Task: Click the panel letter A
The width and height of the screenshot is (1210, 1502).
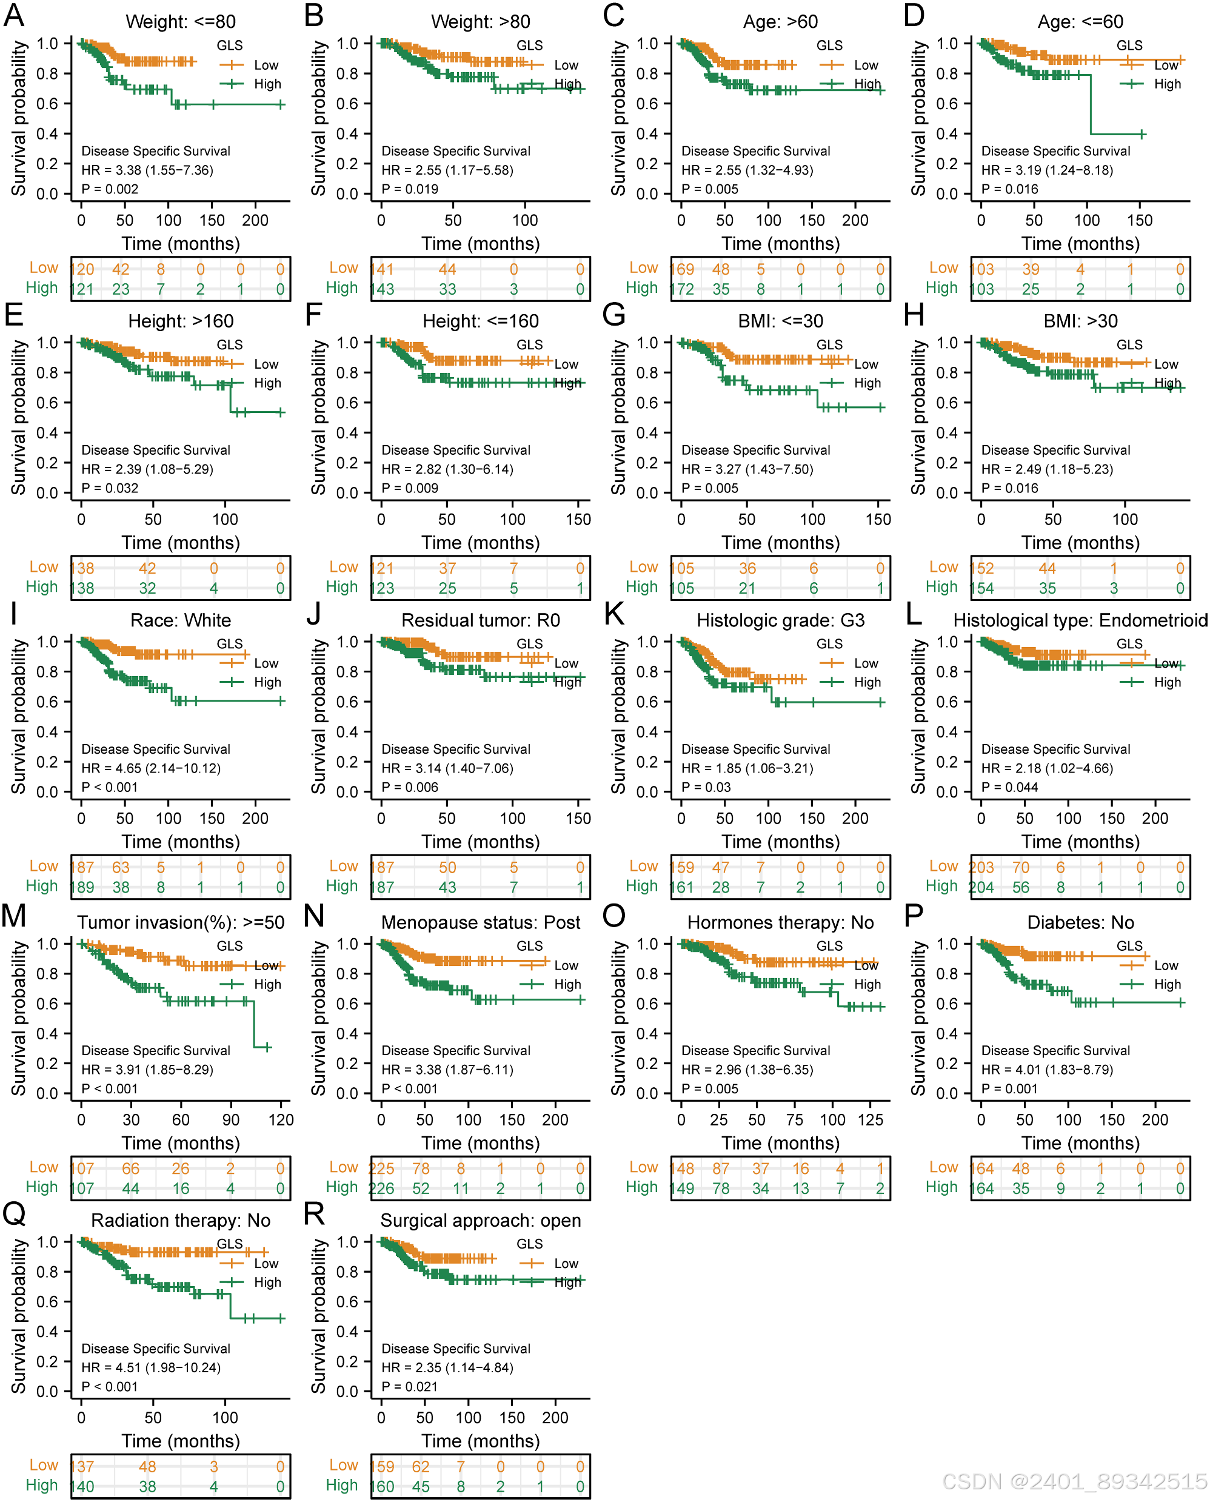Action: [14, 16]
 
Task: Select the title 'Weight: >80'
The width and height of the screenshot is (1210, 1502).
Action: [480, 22]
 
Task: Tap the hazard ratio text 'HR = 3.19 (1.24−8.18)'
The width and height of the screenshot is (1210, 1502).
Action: [1047, 170]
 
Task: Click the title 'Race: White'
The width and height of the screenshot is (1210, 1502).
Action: [181, 620]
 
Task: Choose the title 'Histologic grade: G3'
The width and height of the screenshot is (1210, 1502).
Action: [780, 620]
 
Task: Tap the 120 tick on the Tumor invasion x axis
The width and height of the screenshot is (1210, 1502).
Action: [281, 1119]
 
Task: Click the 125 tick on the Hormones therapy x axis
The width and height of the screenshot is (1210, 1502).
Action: [871, 1119]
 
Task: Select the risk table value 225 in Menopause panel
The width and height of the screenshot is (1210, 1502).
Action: [381, 1168]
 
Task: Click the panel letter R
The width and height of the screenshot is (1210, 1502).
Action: [315, 1214]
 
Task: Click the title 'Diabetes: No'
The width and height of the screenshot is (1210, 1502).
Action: [1080, 922]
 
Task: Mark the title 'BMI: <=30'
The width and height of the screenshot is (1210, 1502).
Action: [780, 321]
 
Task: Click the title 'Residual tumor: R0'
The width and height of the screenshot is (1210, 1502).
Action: [480, 620]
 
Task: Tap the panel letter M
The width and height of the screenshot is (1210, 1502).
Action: [14, 916]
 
